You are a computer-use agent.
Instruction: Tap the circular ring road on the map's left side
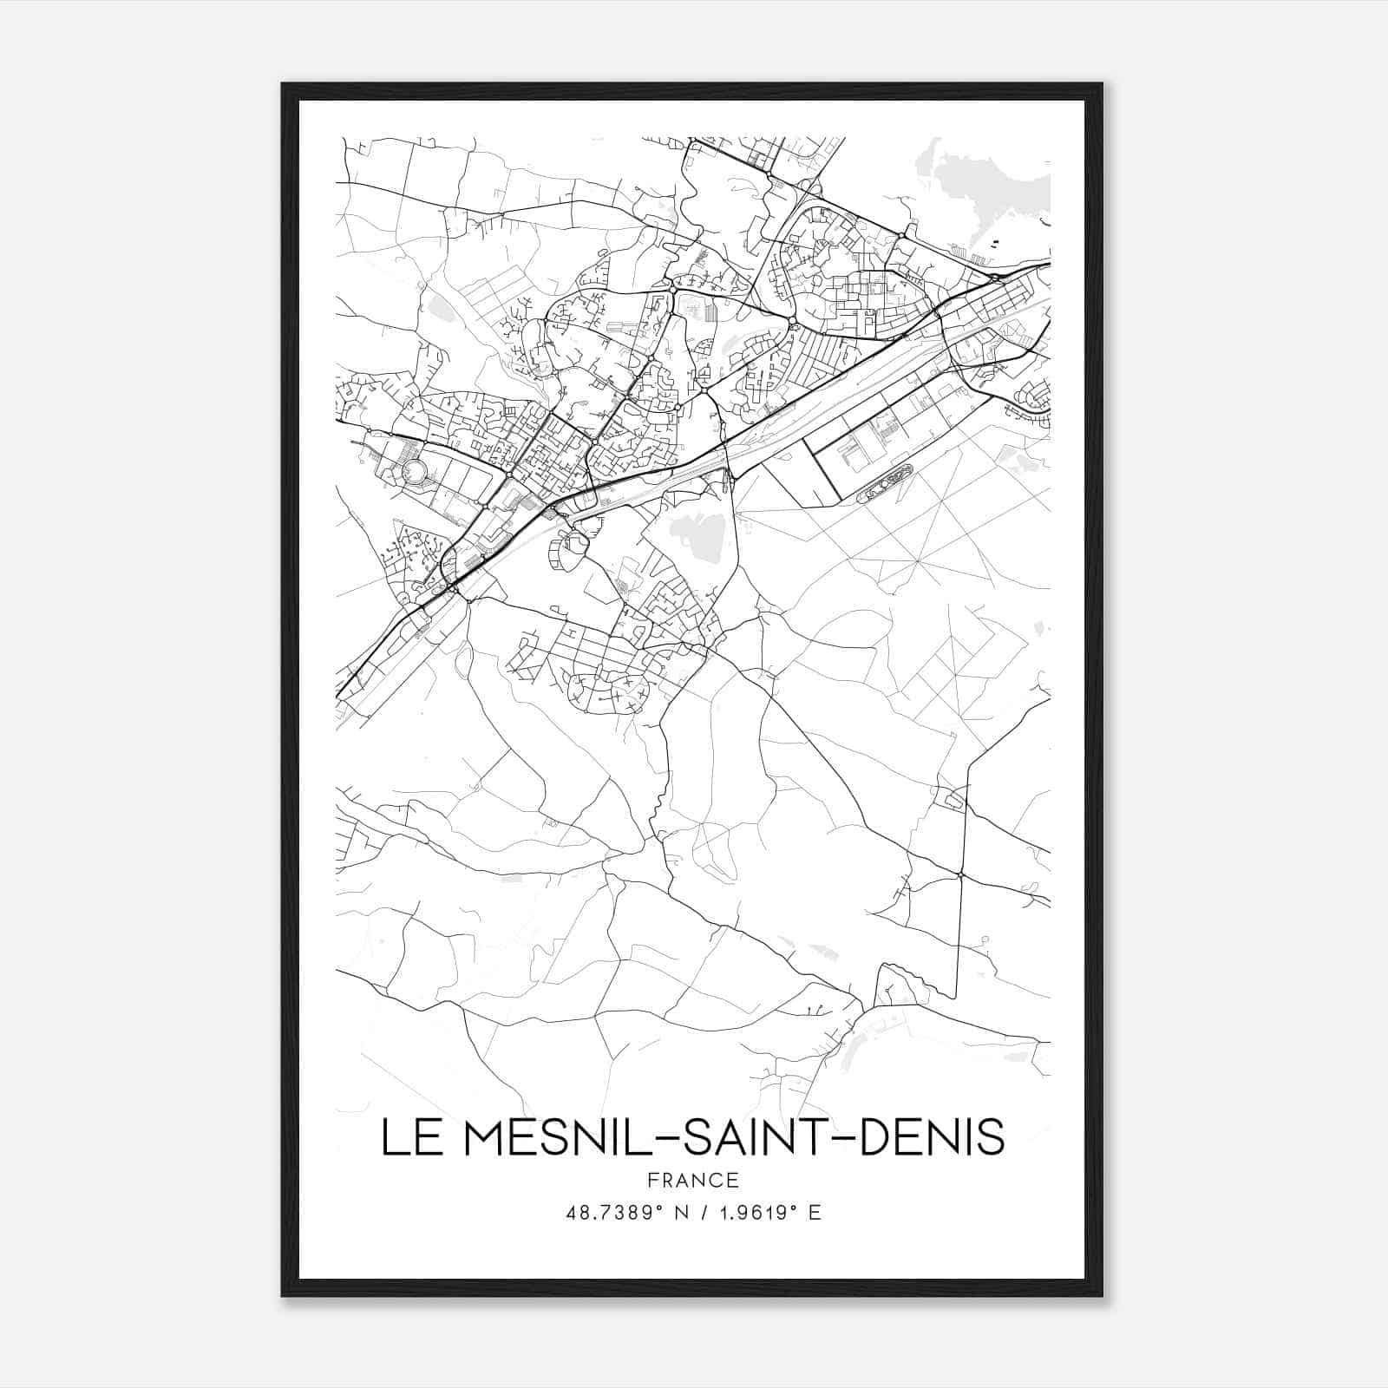tap(416, 471)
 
